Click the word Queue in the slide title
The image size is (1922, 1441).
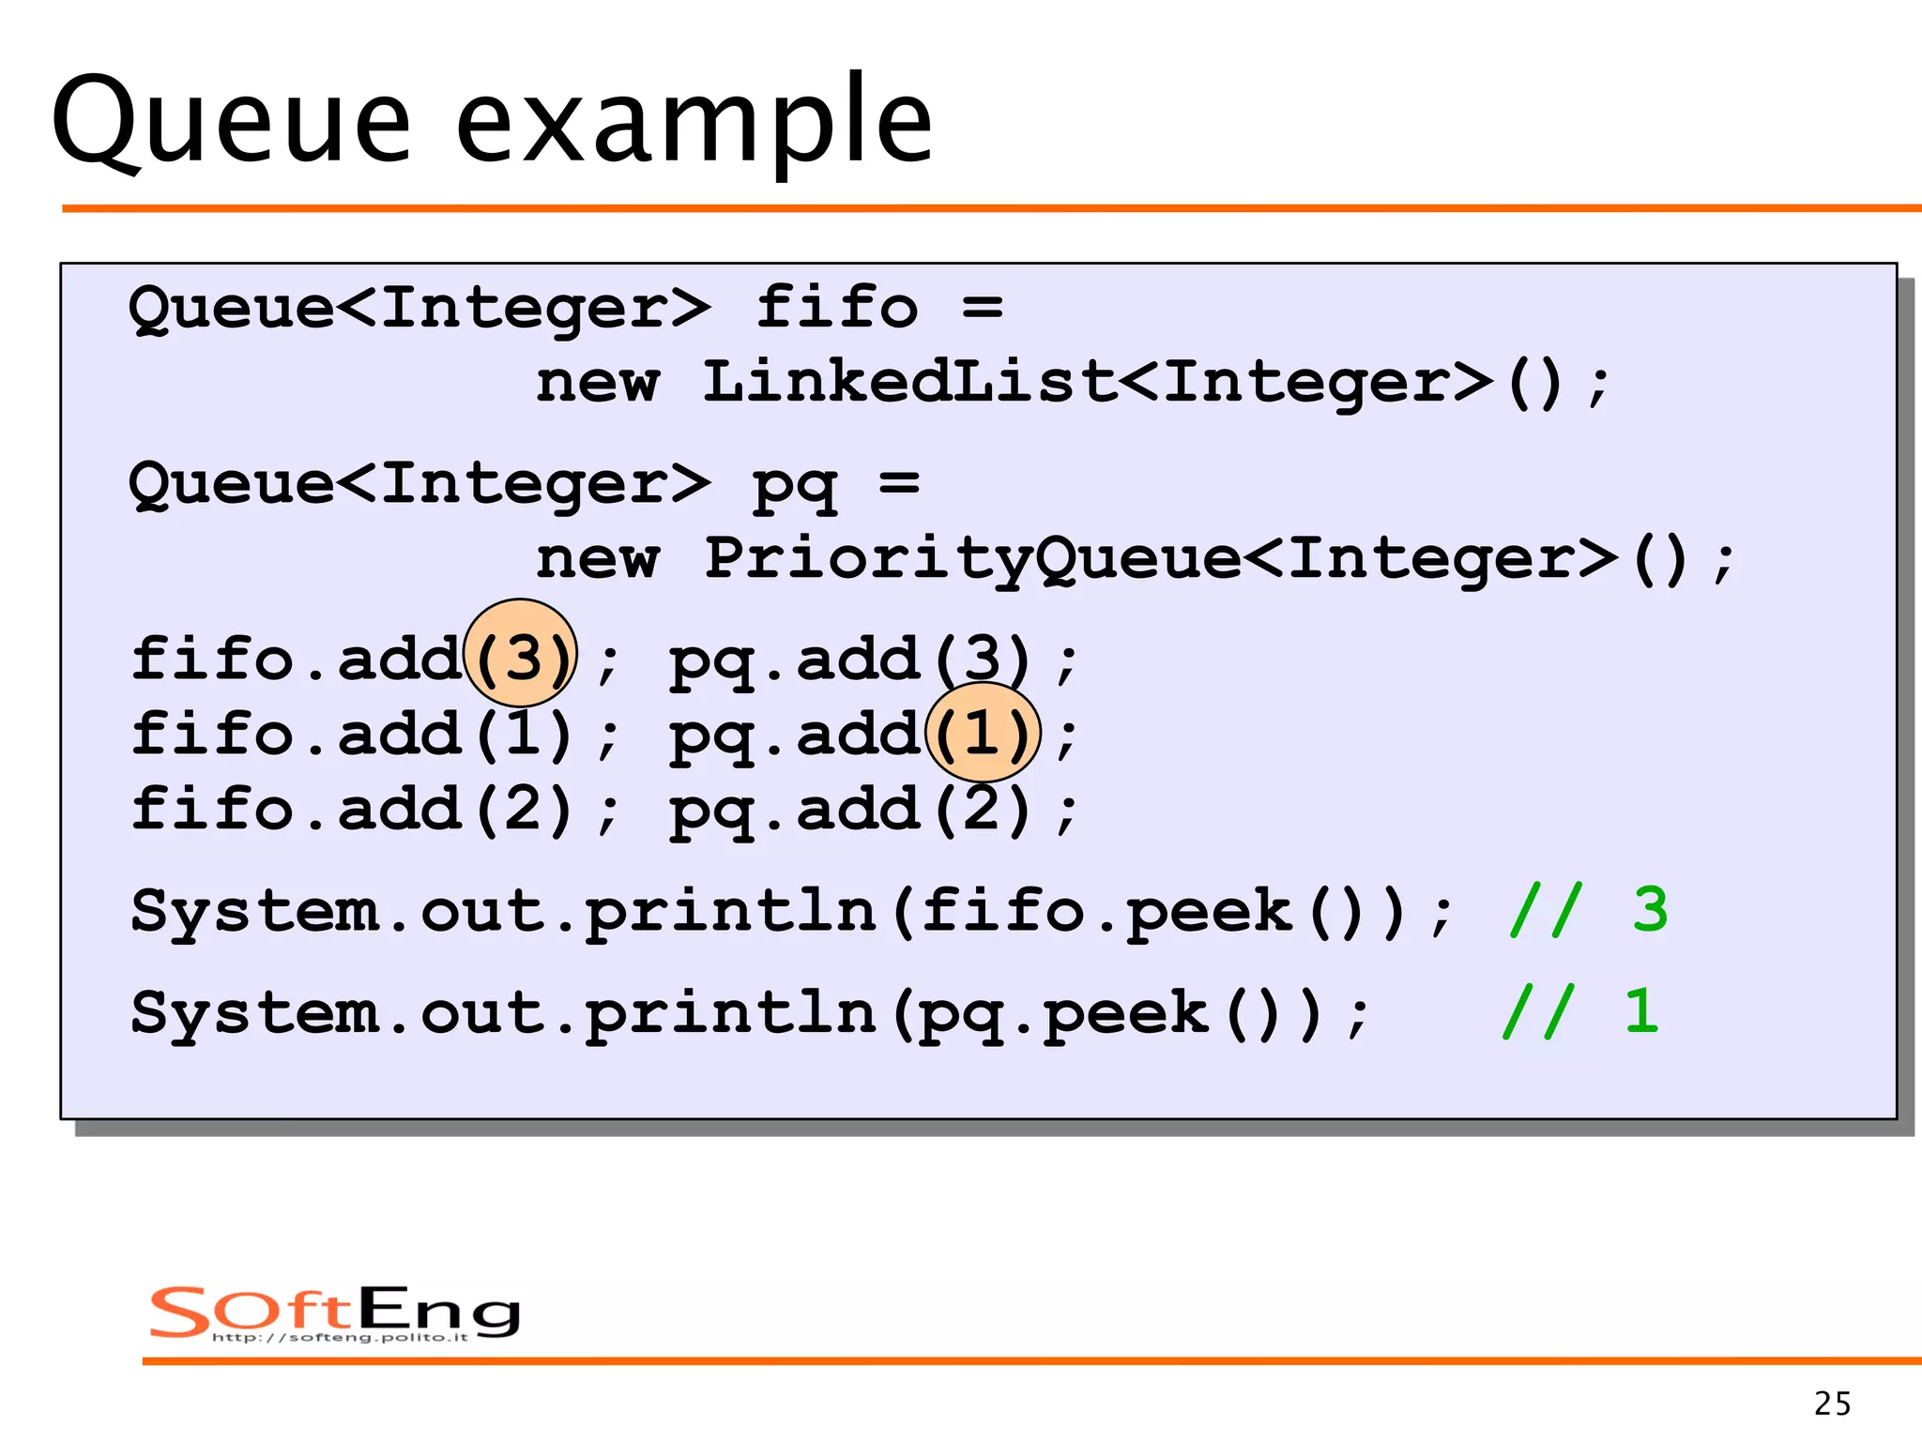pos(231,122)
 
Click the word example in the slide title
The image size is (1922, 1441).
pos(694,122)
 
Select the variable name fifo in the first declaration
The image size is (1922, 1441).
pos(836,307)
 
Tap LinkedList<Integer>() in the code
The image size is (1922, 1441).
pos(1134,383)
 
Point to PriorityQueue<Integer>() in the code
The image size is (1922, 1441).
pos(1197,559)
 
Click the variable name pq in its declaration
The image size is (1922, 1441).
pos(794,484)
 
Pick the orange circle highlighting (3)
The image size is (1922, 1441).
pos(521,653)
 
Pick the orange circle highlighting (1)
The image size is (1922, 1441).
pos(983,733)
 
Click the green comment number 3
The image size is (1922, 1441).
pos(1650,910)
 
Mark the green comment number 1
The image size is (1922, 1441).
pos(1641,1011)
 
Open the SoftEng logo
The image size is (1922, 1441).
pos(334,1312)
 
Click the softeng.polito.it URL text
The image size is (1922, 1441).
pos(340,1337)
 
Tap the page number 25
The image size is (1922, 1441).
pos(1832,1403)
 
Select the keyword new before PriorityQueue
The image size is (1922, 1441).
pos(598,560)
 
